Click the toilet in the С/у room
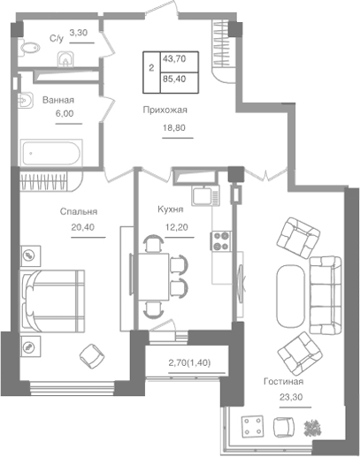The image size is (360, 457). click(28, 48)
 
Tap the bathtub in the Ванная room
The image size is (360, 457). click(51, 153)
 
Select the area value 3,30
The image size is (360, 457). click(79, 33)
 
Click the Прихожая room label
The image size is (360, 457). click(165, 110)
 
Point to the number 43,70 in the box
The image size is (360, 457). click(174, 59)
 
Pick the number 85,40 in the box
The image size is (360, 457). click(174, 79)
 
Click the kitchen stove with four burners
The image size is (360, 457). click(220, 241)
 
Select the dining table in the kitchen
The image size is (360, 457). click(153, 277)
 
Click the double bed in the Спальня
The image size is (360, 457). click(52, 301)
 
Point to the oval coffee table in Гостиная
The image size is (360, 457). click(291, 296)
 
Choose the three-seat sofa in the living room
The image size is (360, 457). click(326, 295)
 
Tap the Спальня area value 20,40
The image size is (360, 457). click(83, 227)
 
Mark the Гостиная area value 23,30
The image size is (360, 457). click(291, 397)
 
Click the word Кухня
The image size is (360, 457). click(171, 209)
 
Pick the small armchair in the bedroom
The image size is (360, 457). click(92, 356)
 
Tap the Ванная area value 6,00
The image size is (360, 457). click(65, 113)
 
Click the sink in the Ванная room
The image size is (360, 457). click(25, 101)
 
